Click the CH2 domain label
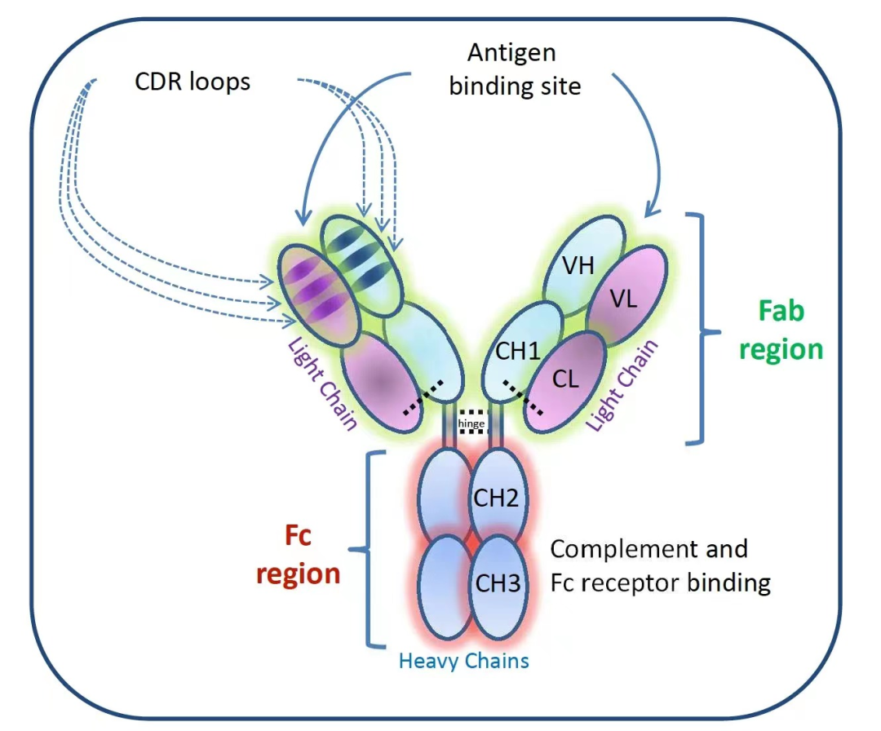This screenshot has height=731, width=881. (x=497, y=497)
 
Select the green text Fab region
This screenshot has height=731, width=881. (x=781, y=330)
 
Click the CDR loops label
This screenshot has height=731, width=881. (x=193, y=82)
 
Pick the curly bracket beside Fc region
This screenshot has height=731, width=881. (x=369, y=548)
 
